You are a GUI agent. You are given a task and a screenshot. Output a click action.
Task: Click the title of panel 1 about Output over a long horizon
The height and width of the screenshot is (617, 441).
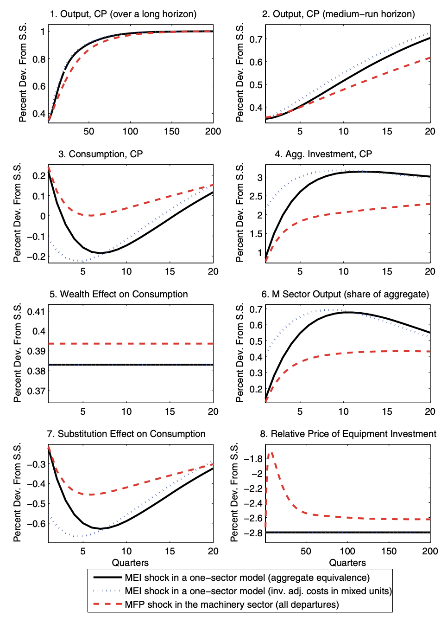tap(123, 14)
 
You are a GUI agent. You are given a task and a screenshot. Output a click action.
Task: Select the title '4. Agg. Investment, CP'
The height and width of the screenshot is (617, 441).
tap(323, 154)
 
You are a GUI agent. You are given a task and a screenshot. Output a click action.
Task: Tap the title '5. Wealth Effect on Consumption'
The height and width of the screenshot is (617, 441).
tap(119, 294)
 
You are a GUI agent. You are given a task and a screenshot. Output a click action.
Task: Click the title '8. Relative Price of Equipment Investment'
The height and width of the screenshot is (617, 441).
tap(348, 434)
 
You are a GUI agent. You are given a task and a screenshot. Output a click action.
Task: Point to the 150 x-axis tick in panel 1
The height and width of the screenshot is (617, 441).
tap(172, 131)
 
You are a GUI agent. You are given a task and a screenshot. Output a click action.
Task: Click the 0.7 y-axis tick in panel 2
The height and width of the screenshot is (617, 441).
tap(256, 39)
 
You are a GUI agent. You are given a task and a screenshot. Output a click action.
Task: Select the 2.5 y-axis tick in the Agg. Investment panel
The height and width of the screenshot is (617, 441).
tap(256, 196)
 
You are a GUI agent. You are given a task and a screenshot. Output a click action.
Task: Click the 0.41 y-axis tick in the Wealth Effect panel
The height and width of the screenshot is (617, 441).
tap(36, 311)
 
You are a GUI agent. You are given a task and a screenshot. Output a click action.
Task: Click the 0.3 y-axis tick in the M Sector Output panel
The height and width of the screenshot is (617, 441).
tap(256, 373)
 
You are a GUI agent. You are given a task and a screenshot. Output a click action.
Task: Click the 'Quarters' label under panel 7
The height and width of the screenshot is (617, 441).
tap(130, 563)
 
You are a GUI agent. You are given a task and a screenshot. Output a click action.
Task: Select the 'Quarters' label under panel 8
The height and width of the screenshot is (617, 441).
tap(347, 563)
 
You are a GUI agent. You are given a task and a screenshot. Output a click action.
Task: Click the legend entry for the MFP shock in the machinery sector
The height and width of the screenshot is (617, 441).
tap(232, 604)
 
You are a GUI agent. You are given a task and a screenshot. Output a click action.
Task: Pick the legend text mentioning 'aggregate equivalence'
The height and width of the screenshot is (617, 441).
tap(247, 578)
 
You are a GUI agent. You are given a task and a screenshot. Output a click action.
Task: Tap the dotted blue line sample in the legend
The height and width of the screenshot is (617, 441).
tap(107, 591)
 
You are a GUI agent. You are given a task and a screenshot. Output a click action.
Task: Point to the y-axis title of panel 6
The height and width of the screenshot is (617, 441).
tap(239, 353)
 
